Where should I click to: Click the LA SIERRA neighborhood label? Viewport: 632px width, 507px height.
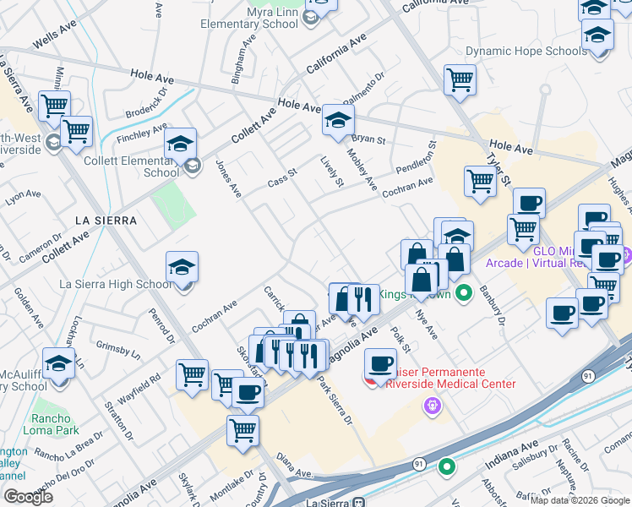point(106,220)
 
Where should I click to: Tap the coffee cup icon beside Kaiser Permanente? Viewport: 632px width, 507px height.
point(380,364)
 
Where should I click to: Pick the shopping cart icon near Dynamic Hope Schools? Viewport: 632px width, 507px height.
point(460,80)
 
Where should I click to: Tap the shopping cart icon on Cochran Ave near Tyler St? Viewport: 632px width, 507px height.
point(480,180)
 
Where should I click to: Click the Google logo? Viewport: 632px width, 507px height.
point(28,496)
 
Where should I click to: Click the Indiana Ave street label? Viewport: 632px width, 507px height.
point(511,455)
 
